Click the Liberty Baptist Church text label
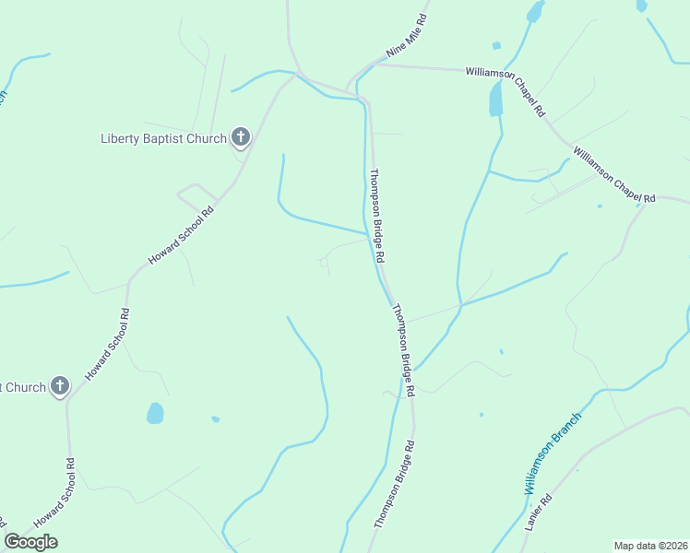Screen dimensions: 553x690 click(163, 139)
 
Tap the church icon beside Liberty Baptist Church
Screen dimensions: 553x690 click(240, 138)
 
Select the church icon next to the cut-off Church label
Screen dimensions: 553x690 click(60, 386)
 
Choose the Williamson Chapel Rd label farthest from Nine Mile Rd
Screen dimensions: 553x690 click(614, 174)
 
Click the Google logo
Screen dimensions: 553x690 click(30, 542)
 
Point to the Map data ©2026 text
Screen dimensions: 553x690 click(650, 546)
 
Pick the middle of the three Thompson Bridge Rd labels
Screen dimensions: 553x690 click(403, 350)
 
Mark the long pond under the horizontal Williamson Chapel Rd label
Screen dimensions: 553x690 click(496, 98)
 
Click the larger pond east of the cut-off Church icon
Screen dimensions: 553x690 click(155, 413)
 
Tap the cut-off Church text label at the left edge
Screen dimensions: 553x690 click(22, 387)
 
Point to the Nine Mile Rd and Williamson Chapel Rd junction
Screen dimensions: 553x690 click(374, 65)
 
